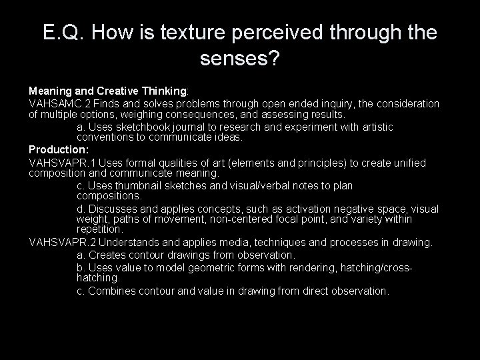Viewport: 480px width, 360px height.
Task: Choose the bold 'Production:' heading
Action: coord(57,151)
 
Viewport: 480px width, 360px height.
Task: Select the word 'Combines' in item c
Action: coord(110,291)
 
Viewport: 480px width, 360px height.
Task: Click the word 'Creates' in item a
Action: coord(107,255)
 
